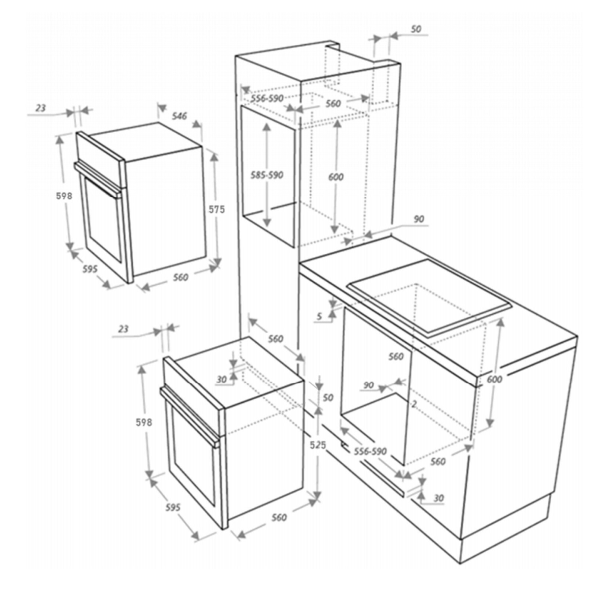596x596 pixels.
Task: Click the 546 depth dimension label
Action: coord(179,116)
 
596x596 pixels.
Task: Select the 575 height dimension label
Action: coord(216,210)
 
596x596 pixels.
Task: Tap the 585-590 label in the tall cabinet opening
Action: coord(267,175)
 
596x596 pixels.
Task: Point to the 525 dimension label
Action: coord(318,445)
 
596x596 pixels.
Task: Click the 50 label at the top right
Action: coord(416,29)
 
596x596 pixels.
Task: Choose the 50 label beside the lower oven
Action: coord(328,398)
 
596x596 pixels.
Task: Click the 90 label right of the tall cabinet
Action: coord(419,219)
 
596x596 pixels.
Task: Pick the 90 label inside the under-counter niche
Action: coord(368,385)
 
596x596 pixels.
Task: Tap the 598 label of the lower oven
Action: coord(144,422)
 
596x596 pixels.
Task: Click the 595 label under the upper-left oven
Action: coord(90,269)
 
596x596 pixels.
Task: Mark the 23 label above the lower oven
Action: coord(123,329)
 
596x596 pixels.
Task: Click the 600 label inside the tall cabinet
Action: coord(336,177)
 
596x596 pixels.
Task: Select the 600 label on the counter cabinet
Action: coord(494,379)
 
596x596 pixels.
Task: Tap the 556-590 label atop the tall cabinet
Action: coord(267,98)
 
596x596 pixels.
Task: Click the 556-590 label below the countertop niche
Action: coord(370,451)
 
